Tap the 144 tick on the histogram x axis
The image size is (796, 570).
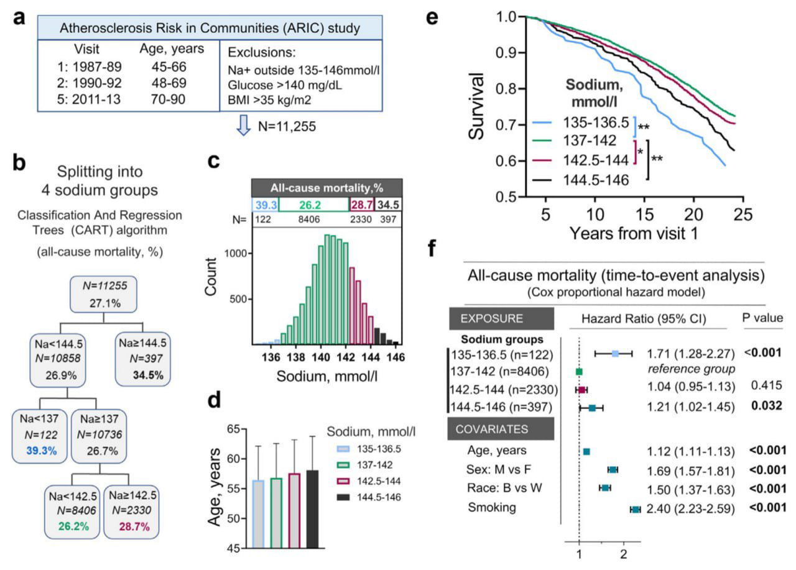(x=370, y=357)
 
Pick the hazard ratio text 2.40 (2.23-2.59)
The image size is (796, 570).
(x=691, y=509)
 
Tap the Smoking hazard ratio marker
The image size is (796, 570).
(x=636, y=509)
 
